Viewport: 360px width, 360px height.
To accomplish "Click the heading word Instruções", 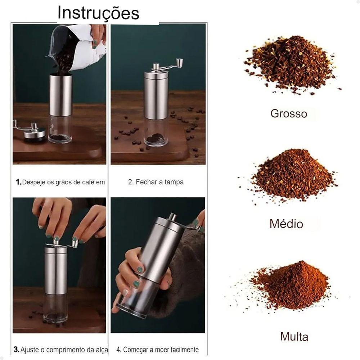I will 98,13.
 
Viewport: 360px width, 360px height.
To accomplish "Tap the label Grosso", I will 289,114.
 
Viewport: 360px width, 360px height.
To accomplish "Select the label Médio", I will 286,224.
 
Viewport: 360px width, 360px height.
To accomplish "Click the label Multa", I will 294,337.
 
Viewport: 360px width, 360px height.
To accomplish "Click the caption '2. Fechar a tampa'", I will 156,182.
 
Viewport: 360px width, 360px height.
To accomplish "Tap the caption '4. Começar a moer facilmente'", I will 157,350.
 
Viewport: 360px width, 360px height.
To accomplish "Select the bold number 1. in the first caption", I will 18,182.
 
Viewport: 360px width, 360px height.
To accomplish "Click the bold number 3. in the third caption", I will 17,349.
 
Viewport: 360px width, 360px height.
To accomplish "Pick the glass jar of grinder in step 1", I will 60,130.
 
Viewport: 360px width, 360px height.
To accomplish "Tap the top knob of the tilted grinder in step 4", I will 173,216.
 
